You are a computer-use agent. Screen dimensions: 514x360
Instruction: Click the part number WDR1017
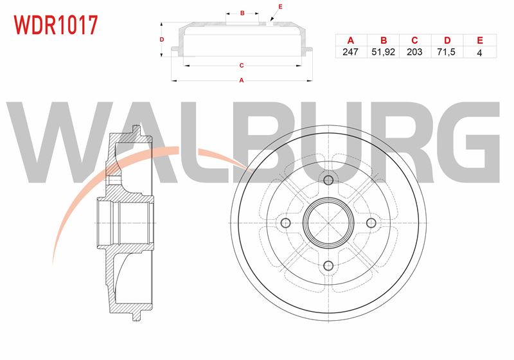click(x=55, y=25)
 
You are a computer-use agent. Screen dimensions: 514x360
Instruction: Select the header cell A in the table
click(x=350, y=40)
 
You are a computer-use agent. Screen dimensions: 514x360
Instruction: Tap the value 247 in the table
click(x=350, y=52)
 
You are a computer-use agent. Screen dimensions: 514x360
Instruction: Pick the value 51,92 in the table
click(x=383, y=52)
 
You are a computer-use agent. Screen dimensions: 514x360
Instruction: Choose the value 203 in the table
click(x=414, y=52)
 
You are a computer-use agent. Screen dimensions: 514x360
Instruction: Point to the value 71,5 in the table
click(x=446, y=52)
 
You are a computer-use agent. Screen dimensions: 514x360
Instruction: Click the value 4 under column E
click(x=479, y=53)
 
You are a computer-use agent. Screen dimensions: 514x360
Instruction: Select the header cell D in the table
click(x=447, y=40)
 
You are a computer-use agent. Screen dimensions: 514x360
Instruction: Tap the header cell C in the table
click(x=414, y=40)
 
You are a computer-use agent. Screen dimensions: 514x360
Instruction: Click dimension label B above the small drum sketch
click(x=242, y=13)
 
